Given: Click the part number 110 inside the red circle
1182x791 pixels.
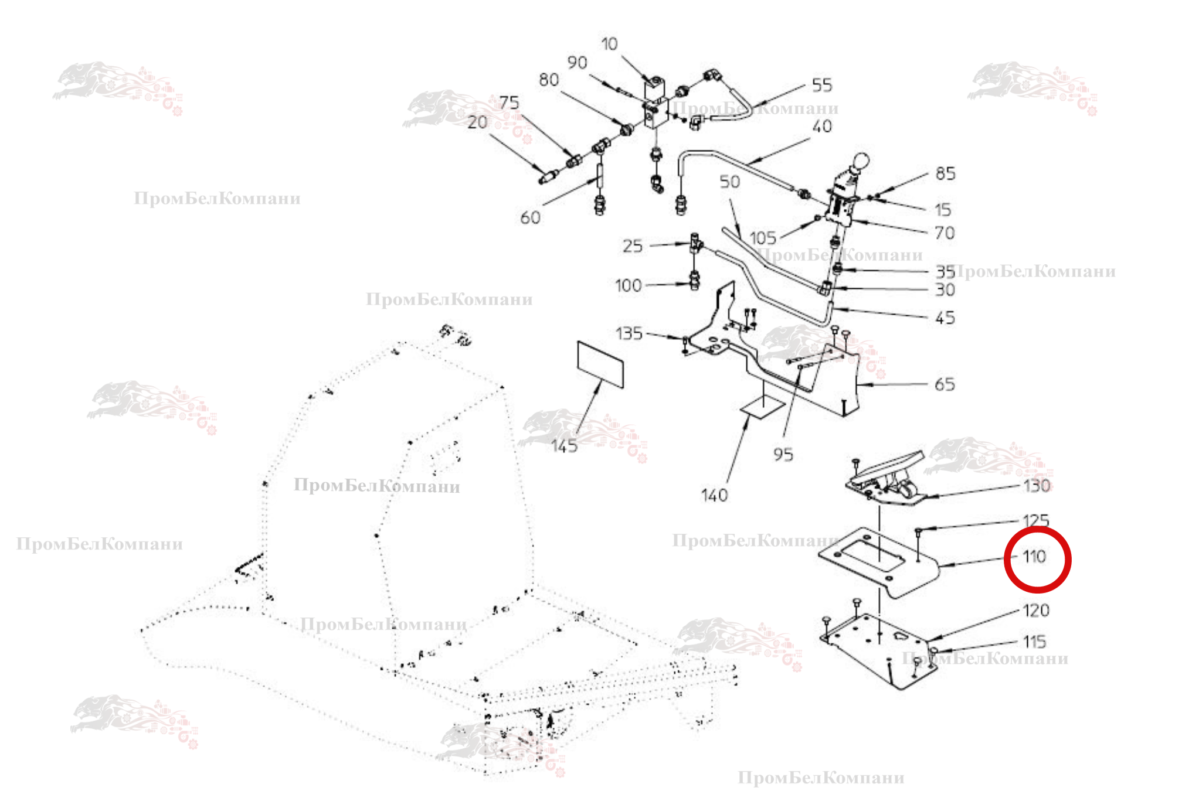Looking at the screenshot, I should pos(1035,557).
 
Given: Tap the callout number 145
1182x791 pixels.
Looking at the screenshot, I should pos(564,446).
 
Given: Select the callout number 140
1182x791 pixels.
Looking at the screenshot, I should pos(714,496).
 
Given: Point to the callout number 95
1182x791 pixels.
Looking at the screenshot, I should pos(783,455).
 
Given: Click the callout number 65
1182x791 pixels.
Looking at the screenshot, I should pos(945,384).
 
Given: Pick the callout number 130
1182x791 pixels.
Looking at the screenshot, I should pos(1037,486).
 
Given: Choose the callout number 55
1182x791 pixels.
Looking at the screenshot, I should pos(822,86).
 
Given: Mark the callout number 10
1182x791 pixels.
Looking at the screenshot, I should pos(609,44).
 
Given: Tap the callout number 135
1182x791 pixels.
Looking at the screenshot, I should pos(629,334).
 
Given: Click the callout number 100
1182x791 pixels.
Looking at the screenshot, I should pos(628,286).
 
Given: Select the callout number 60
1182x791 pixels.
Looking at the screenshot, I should pos(530,218).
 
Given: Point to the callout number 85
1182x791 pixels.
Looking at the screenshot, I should pos(945,173).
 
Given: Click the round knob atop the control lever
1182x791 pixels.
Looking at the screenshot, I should pos(861,161).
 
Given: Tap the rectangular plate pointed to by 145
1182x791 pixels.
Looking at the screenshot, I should pos(600,364).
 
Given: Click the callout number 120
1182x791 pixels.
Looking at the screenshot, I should pos(1036,611).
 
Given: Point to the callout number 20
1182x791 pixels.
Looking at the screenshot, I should pos(477,122).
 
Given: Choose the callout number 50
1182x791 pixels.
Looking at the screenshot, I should pos(729,182).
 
